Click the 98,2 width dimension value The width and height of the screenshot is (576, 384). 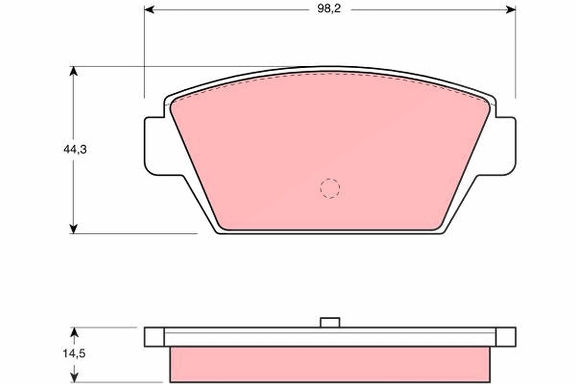tap(329, 9)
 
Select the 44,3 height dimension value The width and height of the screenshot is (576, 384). tap(75, 149)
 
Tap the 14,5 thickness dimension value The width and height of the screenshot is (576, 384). tap(74, 354)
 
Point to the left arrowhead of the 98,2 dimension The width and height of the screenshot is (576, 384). tap(149, 10)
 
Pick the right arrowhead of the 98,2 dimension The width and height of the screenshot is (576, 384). tap(510, 10)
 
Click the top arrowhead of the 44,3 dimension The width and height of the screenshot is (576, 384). tap(73, 71)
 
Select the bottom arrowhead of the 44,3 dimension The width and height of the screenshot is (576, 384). tap(73, 229)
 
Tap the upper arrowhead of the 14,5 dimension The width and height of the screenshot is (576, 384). tap(74, 332)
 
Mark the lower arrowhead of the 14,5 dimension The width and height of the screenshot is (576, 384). tap(74, 378)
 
